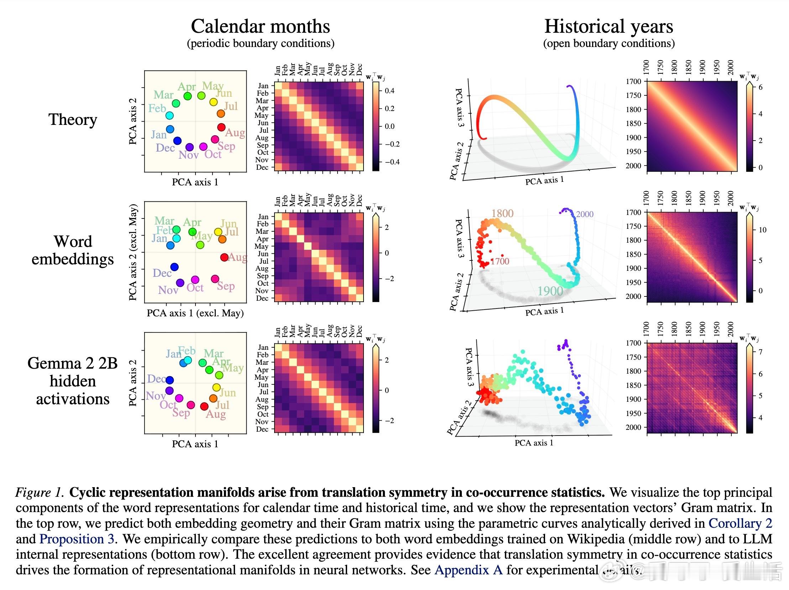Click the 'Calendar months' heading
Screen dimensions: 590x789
(x=260, y=26)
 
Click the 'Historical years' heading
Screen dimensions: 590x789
(x=608, y=26)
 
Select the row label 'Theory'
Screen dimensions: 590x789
(x=73, y=120)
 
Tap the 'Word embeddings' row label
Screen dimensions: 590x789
(x=73, y=250)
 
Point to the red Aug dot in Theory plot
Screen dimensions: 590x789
(x=221, y=127)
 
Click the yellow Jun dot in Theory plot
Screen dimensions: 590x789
(x=213, y=102)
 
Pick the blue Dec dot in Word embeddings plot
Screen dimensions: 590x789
(x=174, y=267)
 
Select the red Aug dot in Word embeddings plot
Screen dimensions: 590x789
(x=224, y=257)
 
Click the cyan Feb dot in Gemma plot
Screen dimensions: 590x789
(x=188, y=361)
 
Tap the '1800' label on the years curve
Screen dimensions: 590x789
(x=502, y=214)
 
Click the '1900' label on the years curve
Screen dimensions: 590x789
(x=550, y=291)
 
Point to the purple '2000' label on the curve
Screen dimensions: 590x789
(x=585, y=214)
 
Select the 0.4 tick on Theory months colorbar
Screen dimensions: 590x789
(x=390, y=91)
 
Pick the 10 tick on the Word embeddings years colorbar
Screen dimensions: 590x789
(x=762, y=230)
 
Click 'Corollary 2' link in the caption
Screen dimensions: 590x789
(x=740, y=523)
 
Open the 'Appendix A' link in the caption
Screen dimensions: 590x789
(x=468, y=570)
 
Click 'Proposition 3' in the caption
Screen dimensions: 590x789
(x=77, y=539)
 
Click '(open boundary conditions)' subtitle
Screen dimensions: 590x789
(x=608, y=43)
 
